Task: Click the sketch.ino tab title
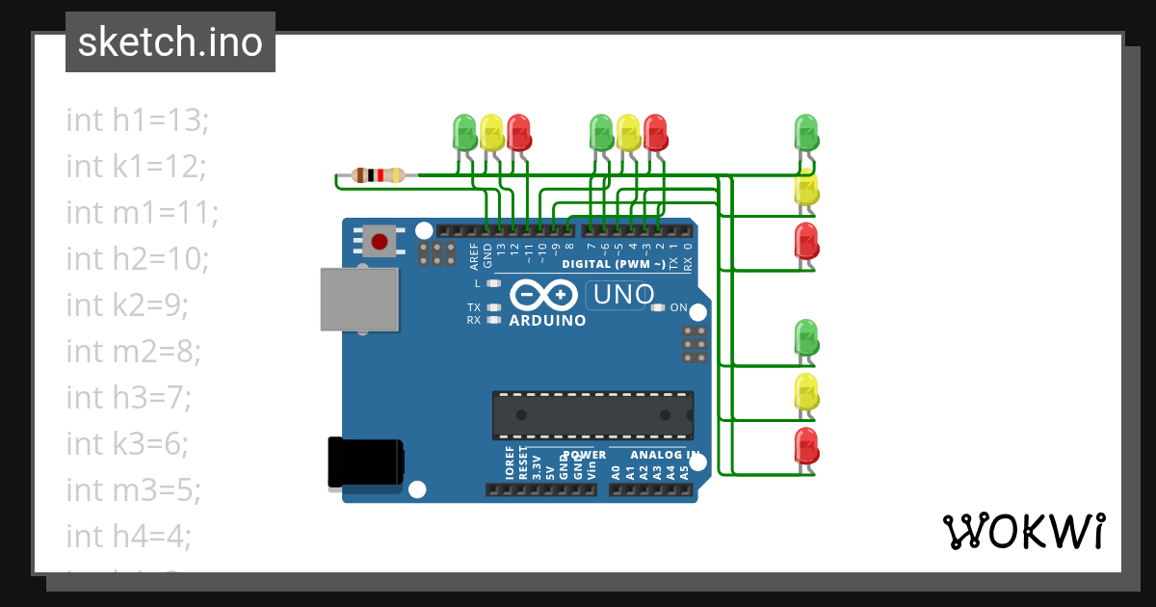click(x=171, y=42)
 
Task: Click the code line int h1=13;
click(x=138, y=119)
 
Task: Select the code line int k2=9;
click(x=127, y=304)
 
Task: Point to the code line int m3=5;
click(x=133, y=489)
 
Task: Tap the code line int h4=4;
click(x=129, y=536)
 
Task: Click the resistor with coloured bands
click(x=378, y=175)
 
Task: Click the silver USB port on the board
click(x=359, y=300)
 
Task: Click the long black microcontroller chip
click(x=592, y=414)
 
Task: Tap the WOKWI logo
click(x=1022, y=531)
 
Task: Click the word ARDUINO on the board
click(x=547, y=321)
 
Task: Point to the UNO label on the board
click(x=623, y=295)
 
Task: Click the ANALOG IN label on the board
click(x=665, y=455)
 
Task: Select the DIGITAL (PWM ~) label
click(x=613, y=264)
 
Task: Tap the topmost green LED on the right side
click(x=805, y=130)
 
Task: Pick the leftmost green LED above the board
click(x=464, y=131)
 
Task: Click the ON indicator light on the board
click(x=658, y=308)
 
